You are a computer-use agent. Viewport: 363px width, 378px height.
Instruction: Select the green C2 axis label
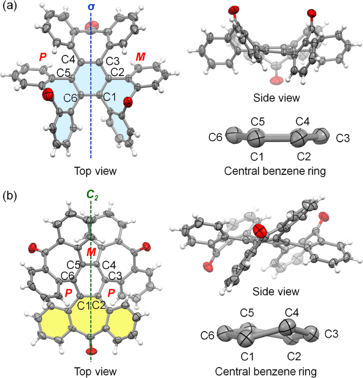point(91,197)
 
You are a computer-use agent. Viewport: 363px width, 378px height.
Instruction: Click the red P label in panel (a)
point(43,58)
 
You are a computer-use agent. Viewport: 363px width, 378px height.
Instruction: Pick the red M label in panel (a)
point(141,57)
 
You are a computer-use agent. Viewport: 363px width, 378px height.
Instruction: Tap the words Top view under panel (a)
point(91,171)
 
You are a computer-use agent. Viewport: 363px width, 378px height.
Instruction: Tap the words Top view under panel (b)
point(91,372)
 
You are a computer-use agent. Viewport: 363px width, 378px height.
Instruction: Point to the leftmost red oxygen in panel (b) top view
point(34,246)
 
